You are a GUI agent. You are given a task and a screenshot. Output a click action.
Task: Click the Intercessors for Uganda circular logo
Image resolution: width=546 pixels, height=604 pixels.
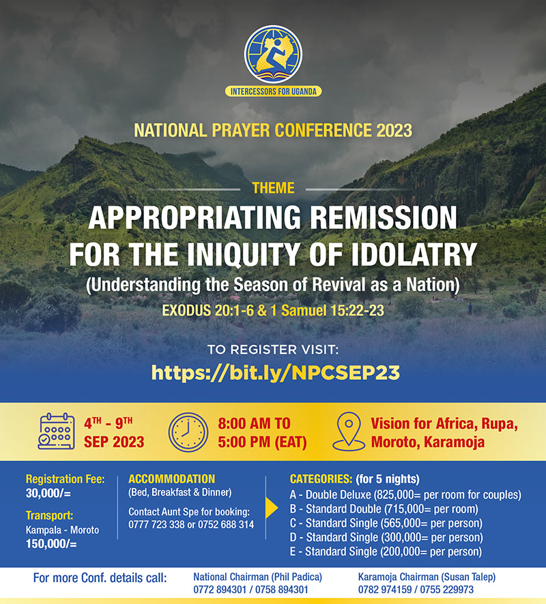coord(273,54)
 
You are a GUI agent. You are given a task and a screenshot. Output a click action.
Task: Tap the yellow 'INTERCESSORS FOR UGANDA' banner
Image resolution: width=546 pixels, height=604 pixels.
coord(273,92)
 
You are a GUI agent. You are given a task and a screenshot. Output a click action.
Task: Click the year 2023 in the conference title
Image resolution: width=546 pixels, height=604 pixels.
coord(394,131)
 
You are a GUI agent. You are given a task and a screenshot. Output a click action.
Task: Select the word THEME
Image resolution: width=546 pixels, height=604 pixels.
coord(273,188)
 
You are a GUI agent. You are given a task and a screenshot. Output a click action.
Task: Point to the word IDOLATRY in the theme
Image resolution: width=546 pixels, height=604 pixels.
coord(414,254)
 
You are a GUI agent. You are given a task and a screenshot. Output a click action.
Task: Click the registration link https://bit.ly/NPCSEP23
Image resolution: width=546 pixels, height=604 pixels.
coord(276,372)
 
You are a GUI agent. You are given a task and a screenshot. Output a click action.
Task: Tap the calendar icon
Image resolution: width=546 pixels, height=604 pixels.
coord(56,431)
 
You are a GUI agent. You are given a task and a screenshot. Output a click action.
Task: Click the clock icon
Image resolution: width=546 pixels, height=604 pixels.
coord(188,433)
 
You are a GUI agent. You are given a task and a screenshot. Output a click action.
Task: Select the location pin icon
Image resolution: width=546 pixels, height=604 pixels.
coord(349,431)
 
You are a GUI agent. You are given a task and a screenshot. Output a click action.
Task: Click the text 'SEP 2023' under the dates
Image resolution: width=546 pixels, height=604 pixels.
coord(114,442)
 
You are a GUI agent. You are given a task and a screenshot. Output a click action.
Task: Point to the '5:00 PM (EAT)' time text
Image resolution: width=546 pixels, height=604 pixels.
coord(262,442)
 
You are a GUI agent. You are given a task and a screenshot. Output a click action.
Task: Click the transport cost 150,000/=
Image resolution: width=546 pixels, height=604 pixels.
coord(51,544)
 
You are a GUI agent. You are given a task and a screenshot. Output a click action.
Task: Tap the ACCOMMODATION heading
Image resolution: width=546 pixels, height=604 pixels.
coord(171,479)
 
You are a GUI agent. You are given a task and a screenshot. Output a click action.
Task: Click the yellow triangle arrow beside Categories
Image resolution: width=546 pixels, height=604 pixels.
coord(272,509)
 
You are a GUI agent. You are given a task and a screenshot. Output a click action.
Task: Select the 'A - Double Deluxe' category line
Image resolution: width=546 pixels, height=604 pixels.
coord(405,495)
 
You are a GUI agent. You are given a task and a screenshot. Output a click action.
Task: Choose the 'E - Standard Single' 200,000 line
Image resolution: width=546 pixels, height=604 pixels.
coord(386,551)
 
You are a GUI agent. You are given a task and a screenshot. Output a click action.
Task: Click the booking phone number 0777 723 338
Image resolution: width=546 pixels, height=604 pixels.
coord(156,525)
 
